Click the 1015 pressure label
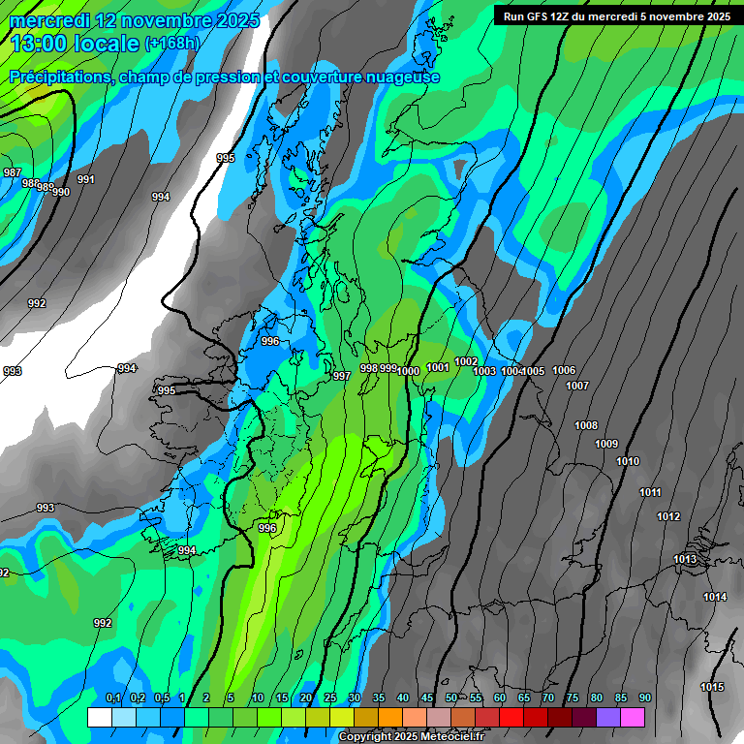pos(711,688)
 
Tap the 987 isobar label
pos(13,172)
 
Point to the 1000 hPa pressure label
pos(408,371)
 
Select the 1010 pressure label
pos(628,461)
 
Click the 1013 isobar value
pos(685,560)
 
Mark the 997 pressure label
pos(341,376)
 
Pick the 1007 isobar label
pos(577,386)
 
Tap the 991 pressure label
pos(86,179)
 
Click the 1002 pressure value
pos(466,361)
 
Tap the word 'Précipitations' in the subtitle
pos(59,77)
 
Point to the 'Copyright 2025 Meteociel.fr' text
pos(411,737)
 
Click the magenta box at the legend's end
pos(633,717)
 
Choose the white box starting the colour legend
pos(99,717)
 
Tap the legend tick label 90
pos(644,698)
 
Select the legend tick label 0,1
pos(112,698)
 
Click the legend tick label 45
pos(426,698)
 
